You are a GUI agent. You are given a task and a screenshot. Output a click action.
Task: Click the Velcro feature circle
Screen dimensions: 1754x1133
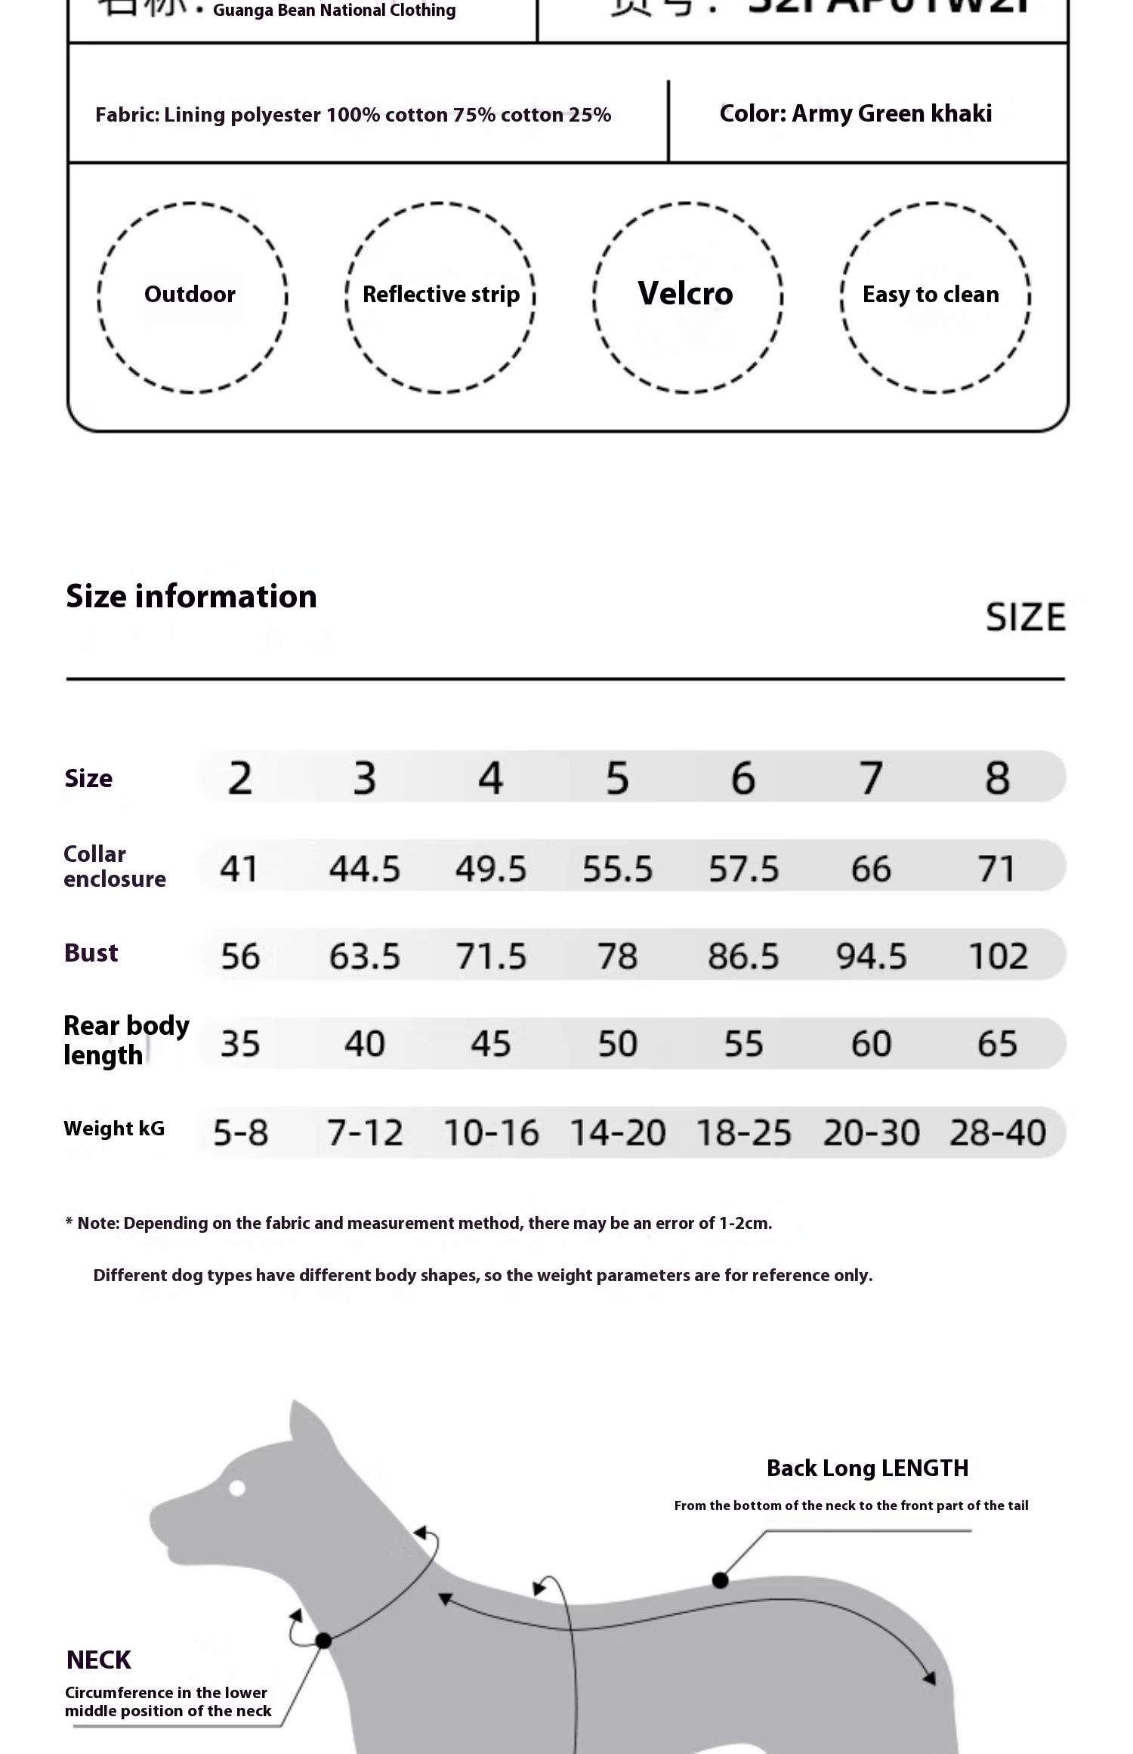click(687, 296)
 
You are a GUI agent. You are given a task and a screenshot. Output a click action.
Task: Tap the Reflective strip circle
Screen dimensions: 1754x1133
click(440, 296)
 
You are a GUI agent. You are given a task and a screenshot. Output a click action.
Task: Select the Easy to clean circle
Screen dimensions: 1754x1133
click(935, 296)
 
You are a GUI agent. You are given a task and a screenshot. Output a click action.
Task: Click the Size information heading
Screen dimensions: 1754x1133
click(191, 597)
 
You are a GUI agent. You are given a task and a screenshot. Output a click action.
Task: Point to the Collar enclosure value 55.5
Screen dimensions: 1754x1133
click(617, 869)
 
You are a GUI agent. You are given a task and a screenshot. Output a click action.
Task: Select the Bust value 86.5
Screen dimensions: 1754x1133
click(743, 956)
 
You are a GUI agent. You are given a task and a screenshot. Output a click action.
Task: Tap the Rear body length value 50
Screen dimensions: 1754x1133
click(617, 1044)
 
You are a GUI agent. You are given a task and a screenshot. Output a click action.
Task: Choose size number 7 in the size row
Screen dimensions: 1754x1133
click(871, 778)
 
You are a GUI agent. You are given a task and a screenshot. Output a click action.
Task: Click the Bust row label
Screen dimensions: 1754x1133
click(91, 953)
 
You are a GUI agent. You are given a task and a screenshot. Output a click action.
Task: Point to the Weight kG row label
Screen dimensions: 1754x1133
click(114, 1129)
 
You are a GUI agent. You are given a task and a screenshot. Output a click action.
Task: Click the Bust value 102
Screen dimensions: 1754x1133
click(998, 956)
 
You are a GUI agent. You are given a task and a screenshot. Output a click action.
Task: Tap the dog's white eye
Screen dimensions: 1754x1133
click(237, 1487)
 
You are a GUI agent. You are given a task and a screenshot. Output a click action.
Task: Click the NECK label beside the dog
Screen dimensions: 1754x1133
click(99, 1660)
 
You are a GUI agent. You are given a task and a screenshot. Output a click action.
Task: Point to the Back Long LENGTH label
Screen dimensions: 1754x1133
click(867, 1468)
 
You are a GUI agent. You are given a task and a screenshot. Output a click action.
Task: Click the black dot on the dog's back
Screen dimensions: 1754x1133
click(720, 1580)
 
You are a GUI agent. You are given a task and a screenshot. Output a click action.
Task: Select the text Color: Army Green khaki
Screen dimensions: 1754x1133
click(856, 113)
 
